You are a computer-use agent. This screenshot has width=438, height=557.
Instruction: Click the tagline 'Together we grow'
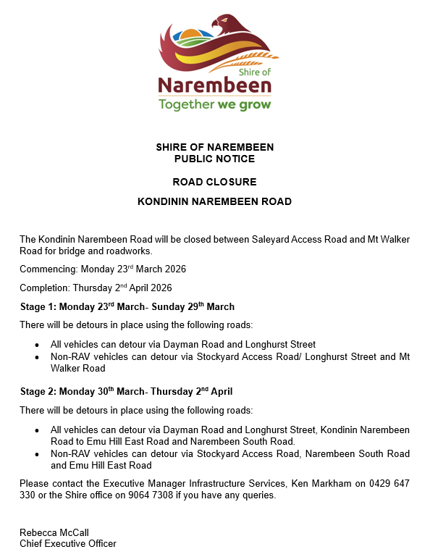pyautogui.click(x=214, y=104)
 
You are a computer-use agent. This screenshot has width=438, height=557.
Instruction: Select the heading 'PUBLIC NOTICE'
pyautogui.click(x=214, y=159)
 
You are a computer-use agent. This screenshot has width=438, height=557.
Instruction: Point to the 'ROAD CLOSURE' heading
pyautogui.click(x=214, y=182)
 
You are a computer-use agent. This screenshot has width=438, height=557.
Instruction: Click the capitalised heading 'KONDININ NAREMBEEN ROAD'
pyautogui.click(x=214, y=201)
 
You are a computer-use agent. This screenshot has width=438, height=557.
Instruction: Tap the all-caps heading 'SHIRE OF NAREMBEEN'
pyautogui.click(x=214, y=148)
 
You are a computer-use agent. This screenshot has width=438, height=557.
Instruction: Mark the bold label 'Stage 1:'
pyautogui.click(x=38, y=306)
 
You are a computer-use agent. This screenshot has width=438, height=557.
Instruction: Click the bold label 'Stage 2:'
pyautogui.click(x=38, y=392)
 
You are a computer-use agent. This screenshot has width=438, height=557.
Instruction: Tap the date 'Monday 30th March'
pyautogui.click(x=101, y=392)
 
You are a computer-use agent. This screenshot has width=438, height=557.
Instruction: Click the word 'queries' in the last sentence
pyautogui.click(x=259, y=495)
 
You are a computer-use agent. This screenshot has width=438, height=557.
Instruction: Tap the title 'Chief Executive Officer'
pyautogui.click(x=68, y=543)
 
